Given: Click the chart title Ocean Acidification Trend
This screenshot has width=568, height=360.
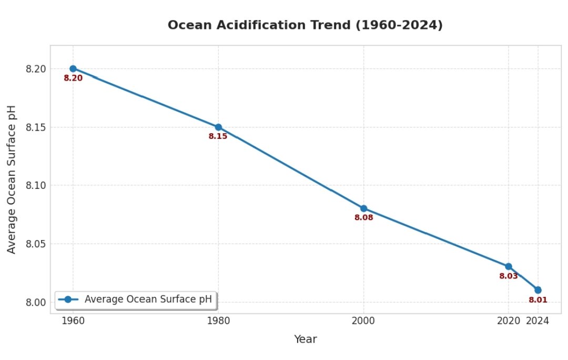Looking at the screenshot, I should (x=305, y=25).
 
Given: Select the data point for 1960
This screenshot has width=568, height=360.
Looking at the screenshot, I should (x=73, y=68).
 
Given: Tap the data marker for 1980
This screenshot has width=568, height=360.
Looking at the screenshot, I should (x=218, y=127).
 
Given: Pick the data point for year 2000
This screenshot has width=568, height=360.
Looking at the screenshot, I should (x=363, y=208).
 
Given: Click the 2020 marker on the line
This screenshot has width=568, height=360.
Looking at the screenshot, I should (x=509, y=266).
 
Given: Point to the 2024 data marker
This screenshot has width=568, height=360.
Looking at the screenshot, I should (x=537, y=290).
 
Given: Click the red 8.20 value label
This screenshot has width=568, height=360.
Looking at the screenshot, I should (x=73, y=78).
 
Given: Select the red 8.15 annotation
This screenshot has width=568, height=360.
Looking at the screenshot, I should (x=218, y=136).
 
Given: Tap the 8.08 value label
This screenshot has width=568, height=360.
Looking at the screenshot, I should (x=363, y=218).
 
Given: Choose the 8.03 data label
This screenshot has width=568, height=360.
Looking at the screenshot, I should (x=509, y=276).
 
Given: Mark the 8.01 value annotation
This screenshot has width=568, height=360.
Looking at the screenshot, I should (x=538, y=300).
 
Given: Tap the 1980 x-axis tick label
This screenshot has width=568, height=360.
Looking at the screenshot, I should (x=218, y=321).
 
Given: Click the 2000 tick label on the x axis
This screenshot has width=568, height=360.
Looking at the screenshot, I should (x=363, y=321).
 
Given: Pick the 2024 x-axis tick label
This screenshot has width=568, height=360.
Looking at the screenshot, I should (x=538, y=321).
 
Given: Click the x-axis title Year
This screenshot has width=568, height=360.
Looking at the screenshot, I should (x=305, y=339).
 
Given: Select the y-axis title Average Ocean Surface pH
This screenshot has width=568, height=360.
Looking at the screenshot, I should (x=12, y=179).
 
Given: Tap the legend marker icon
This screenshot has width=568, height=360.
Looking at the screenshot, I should (x=68, y=299).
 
